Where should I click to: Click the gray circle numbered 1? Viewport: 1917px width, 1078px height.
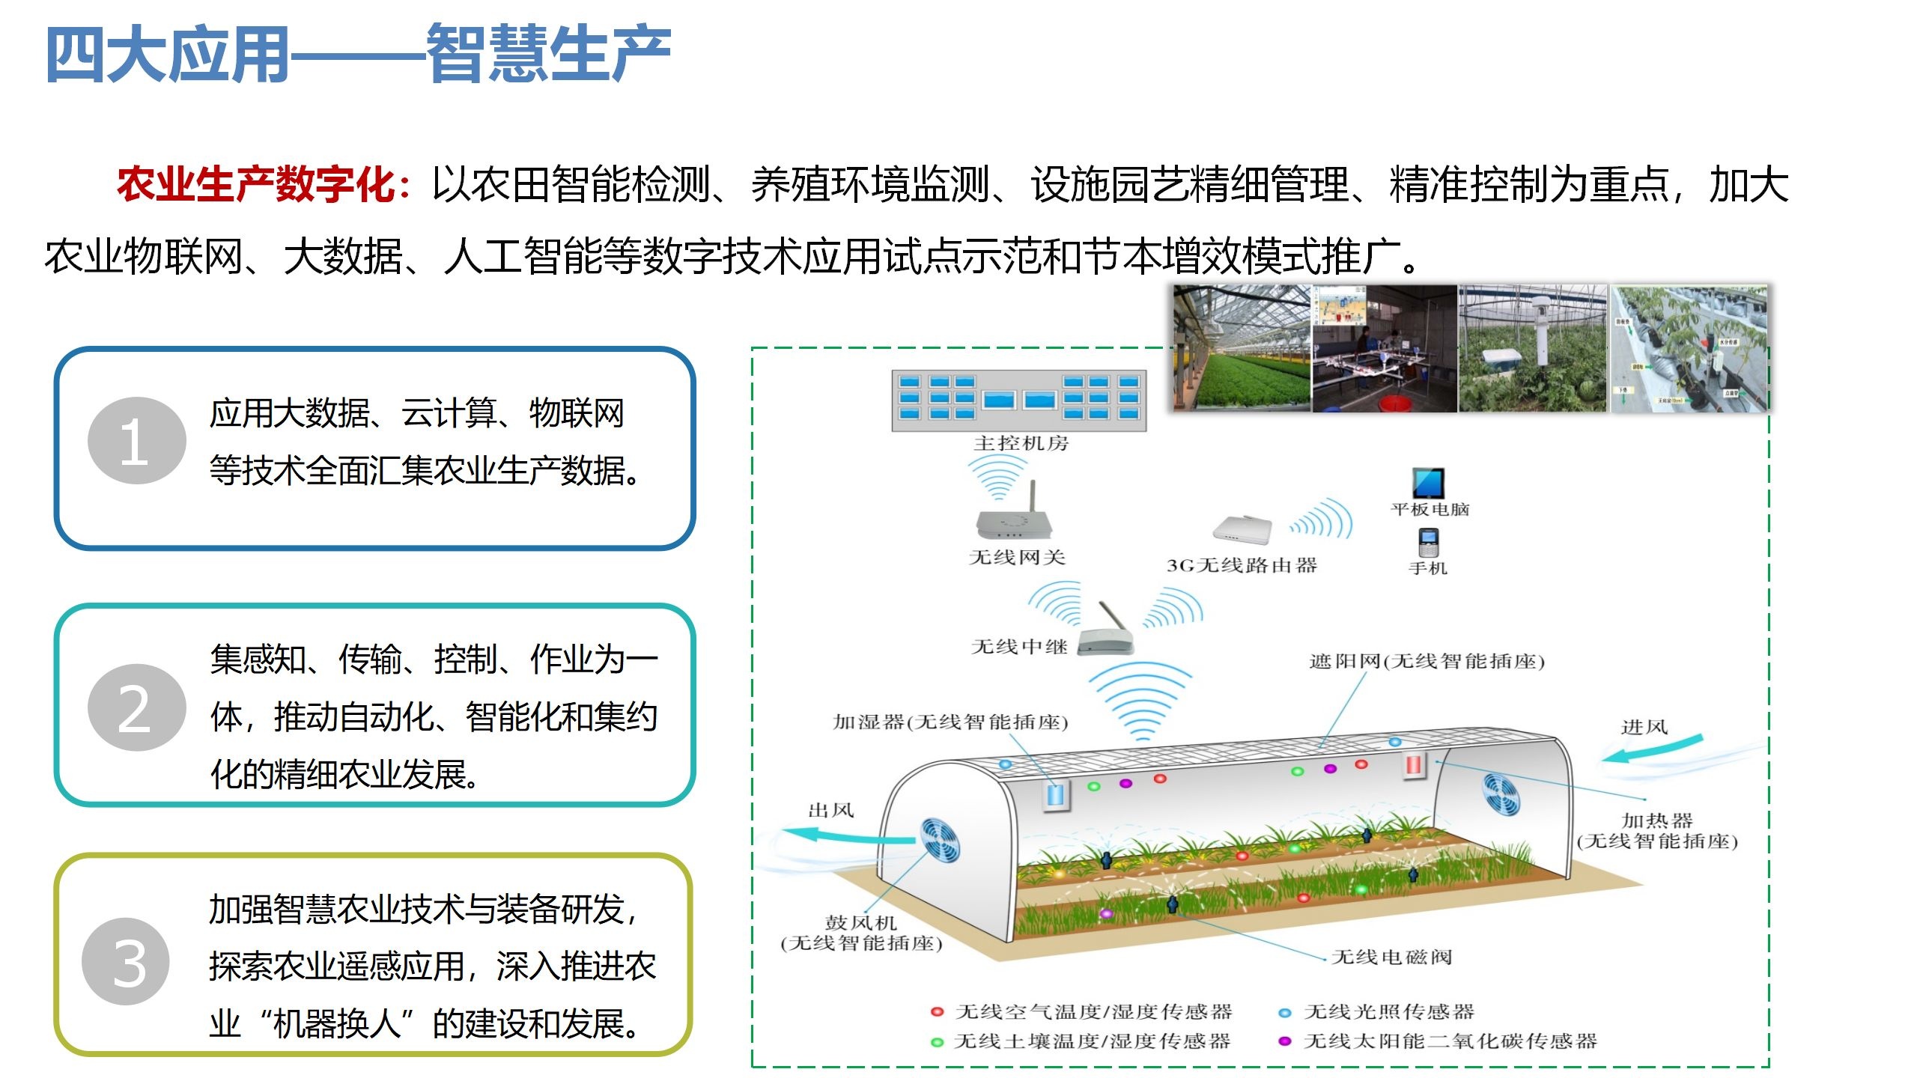pyautogui.click(x=136, y=441)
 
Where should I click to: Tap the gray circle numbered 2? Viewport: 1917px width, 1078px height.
pyautogui.click(x=136, y=708)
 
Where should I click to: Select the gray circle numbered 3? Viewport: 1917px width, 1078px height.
pyautogui.click(x=127, y=962)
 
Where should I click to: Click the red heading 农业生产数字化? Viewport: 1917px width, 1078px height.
pyautogui.click(x=255, y=184)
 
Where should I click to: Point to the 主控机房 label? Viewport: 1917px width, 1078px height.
pyautogui.click(x=1021, y=443)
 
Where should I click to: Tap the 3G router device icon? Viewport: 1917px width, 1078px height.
pyautogui.click(x=1242, y=530)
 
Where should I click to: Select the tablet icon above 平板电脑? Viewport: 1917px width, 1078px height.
pyautogui.click(x=1428, y=483)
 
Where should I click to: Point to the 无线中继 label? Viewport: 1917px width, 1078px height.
pyautogui.click(x=1018, y=647)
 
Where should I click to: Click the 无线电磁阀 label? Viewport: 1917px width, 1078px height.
pyautogui.click(x=1391, y=957)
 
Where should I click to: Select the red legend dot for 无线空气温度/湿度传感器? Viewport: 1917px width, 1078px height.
pyautogui.click(x=937, y=1012)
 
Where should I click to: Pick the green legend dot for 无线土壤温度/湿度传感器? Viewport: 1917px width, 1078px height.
pyautogui.click(x=937, y=1042)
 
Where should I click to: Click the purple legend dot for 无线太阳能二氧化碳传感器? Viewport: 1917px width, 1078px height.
pyautogui.click(x=1285, y=1041)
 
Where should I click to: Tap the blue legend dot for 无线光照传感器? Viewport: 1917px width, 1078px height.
pyautogui.click(x=1285, y=1013)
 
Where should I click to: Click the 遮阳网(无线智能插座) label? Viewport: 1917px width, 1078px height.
pyautogui.click(x=1427, y=662)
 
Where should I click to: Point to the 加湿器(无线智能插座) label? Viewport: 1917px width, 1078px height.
pyautogui.click(x=950, y=722)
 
